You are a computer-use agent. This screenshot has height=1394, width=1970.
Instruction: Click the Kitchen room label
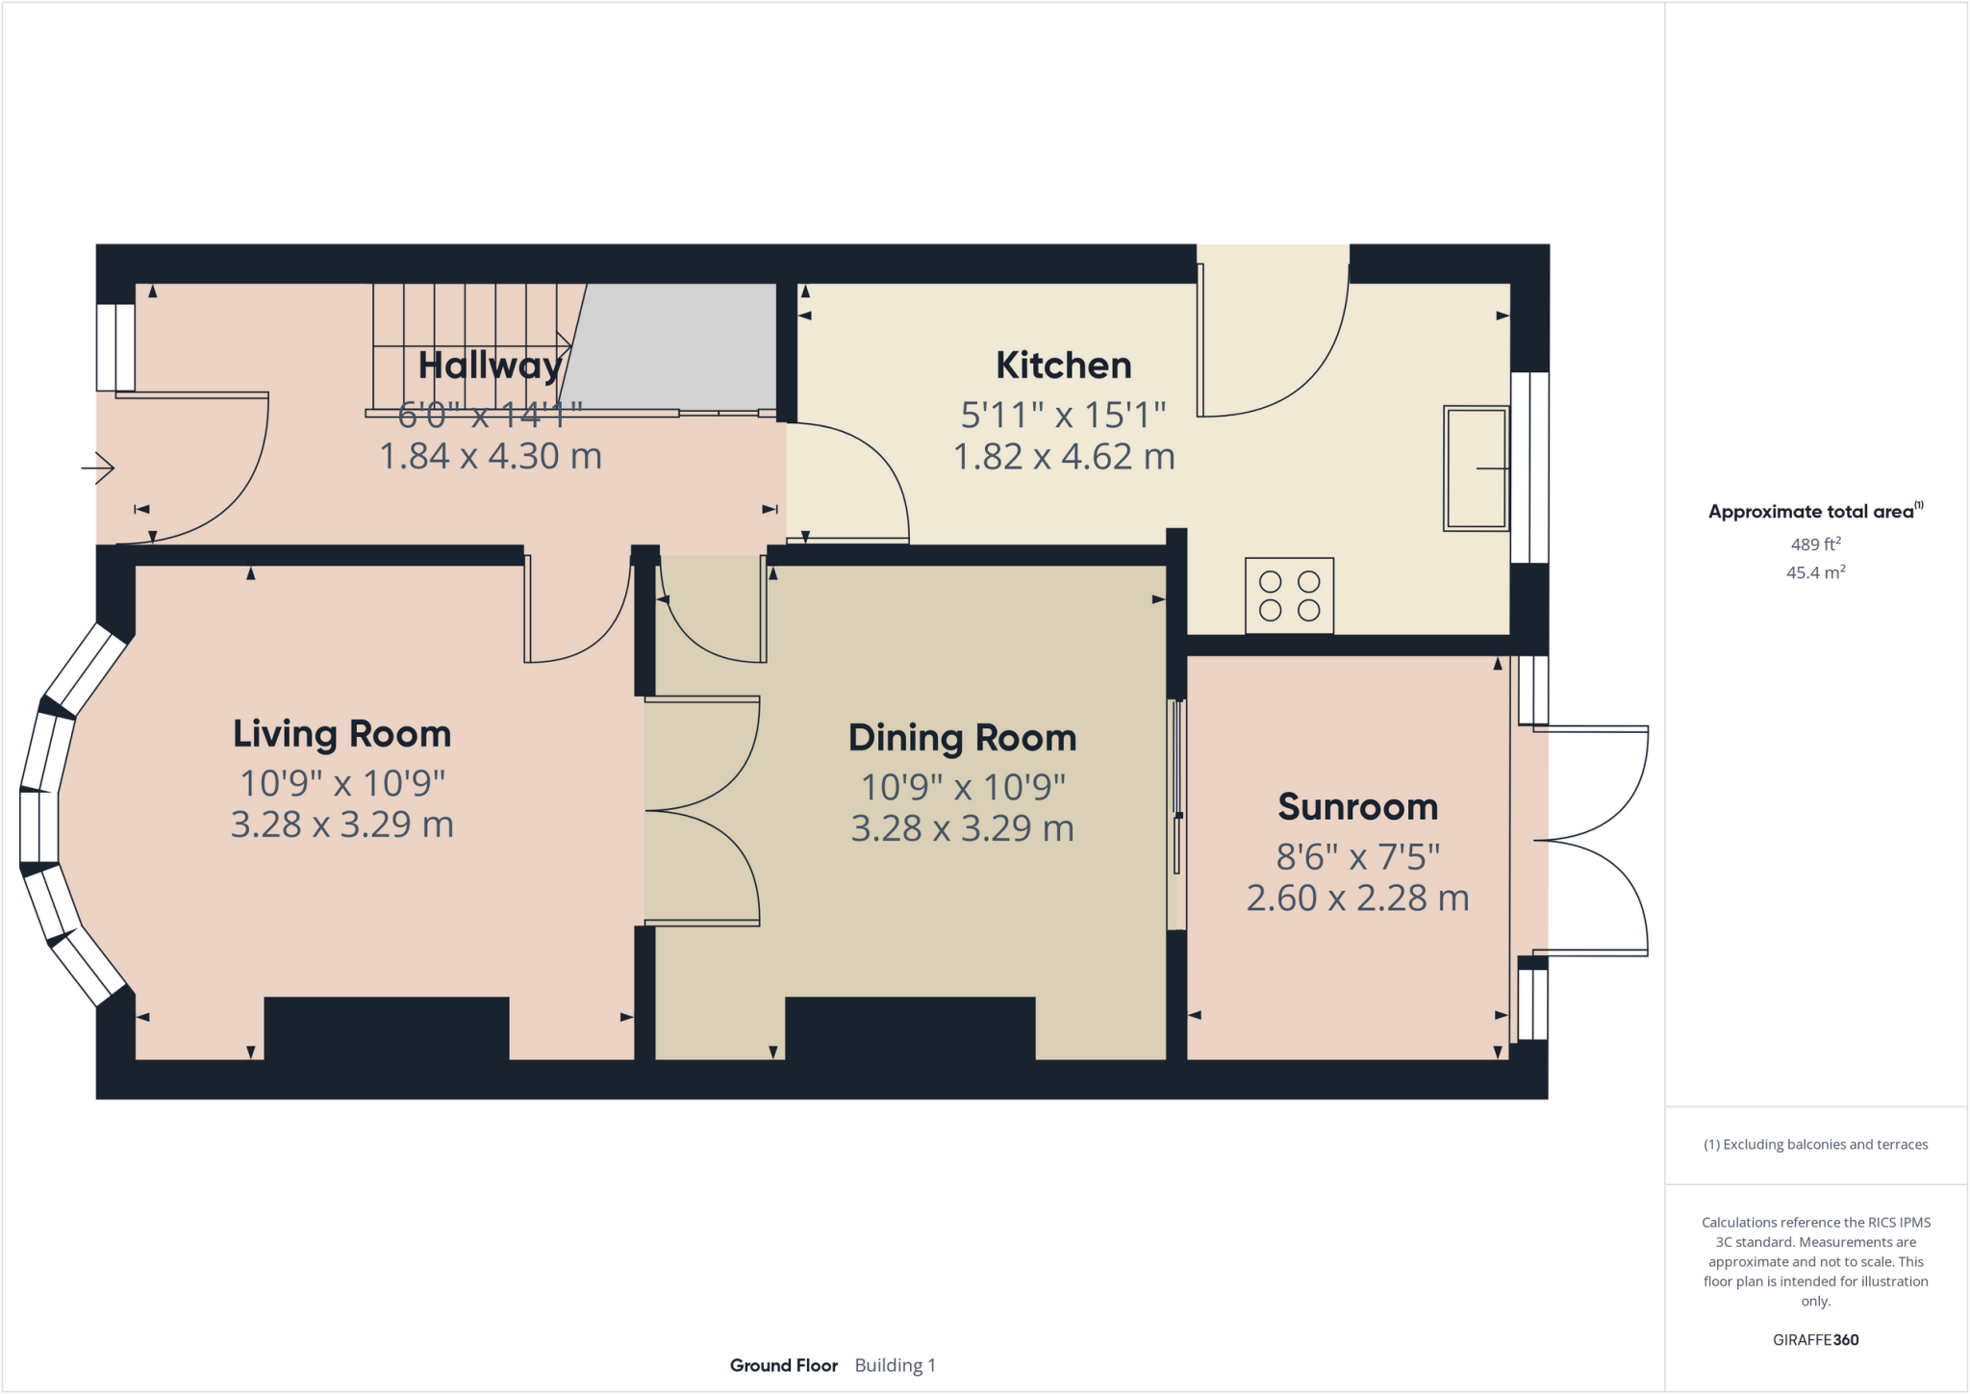coord(1063,366)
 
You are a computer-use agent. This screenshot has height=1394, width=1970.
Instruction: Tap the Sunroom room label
coord(1357,807)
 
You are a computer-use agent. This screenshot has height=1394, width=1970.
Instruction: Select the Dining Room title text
coord(962,738)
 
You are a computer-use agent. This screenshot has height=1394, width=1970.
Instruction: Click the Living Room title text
coord(341,734)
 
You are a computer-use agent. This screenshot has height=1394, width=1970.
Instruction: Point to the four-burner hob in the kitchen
coord(1289,596)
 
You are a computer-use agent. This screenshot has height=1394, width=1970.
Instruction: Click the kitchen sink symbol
coord(1476,469)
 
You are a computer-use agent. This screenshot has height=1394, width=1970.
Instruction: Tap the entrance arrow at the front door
coord(98,469)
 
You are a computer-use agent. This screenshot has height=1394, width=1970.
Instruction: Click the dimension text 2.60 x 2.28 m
coord(1357,899)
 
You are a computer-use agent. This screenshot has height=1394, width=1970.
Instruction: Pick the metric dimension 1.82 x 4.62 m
coord(1063,457)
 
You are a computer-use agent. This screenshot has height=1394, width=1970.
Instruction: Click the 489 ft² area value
coord(1815,545)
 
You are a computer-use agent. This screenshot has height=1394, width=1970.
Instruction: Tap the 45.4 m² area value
coord(1815,572)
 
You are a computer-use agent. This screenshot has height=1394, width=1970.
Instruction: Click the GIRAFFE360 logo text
coord(1815,1339)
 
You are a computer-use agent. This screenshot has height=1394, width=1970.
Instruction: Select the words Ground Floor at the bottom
coord(783,1365)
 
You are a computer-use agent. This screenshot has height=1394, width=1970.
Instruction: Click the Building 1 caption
coord(895,1365)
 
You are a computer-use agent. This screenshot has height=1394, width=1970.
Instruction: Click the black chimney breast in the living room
coord(386,1028)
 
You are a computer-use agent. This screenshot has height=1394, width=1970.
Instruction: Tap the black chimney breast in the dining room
coord(910,1028)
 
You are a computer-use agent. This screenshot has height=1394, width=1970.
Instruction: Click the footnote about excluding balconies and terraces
coord(1815,1145)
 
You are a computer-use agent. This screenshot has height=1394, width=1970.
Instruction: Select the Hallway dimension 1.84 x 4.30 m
coord(491,456)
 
